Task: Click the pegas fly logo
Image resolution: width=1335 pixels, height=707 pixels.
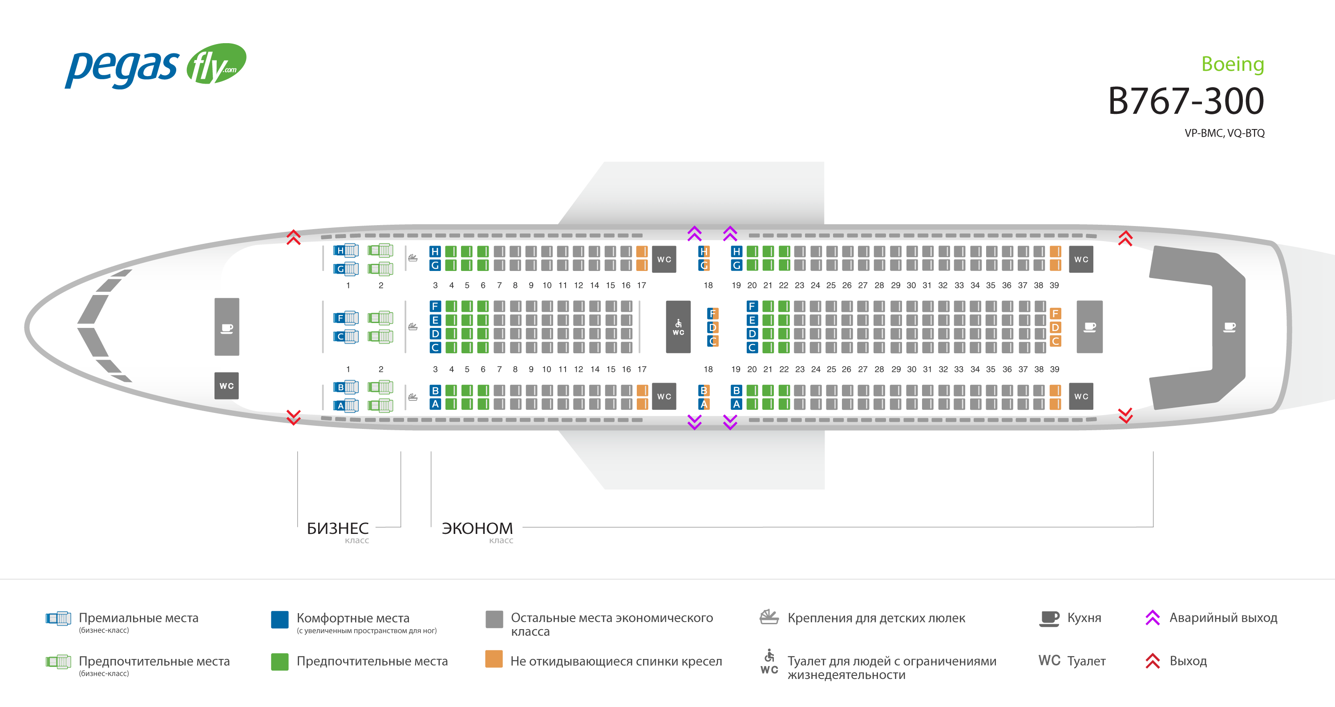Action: (155, 66)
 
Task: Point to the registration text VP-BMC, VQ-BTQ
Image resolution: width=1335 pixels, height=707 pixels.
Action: (1224, 133)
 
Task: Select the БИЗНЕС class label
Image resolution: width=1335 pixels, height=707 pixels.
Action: (337, 528)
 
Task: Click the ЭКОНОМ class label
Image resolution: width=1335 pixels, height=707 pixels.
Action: (477, 528)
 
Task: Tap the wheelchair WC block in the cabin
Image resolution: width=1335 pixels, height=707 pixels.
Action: (678, 327)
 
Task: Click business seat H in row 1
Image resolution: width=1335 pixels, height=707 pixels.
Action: (346, 251)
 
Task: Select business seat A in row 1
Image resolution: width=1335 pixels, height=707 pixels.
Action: (346, 405)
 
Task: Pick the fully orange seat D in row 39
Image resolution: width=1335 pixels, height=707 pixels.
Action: (1055, 327)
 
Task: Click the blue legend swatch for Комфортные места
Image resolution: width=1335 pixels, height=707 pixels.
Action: (280, 619)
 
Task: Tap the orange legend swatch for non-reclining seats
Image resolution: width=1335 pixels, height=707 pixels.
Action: (494, 659)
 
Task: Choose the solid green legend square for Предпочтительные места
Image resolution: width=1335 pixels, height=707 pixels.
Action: (280, 661)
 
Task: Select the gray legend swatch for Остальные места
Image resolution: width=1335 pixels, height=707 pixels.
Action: (494, 619)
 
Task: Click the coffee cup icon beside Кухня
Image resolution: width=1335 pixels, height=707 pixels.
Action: (1049, 618)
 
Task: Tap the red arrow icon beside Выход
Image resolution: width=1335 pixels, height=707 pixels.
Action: (1153, 661)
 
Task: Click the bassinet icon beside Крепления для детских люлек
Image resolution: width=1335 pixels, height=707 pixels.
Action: (769, 617)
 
